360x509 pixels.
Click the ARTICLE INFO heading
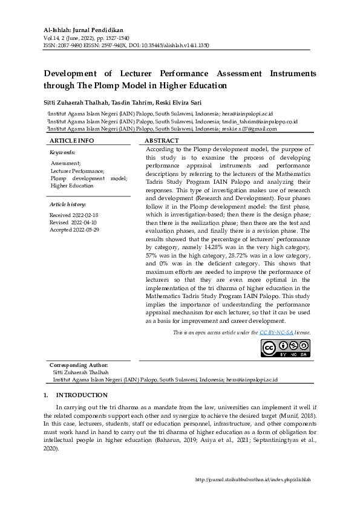coord(72,140)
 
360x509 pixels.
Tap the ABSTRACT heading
coord(162,140)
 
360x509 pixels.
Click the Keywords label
coord(62,152)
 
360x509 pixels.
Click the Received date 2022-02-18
coord(73,215)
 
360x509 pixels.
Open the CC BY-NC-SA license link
coord(276,332)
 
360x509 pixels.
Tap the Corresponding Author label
coord(79,365)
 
